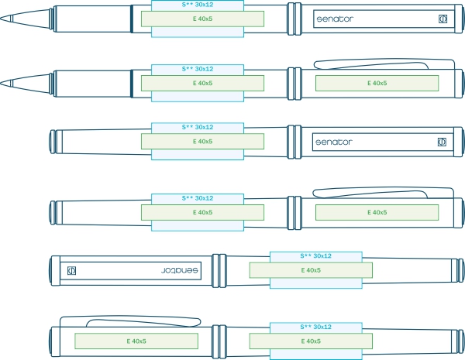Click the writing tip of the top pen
tap(6, 18)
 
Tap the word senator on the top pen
tap(334, 18)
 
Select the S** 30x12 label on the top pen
tap(198, 5)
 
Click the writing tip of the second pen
tap(6, 83)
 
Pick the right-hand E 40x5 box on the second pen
tap(377, 83)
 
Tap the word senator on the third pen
tap(334, 142)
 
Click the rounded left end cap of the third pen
tap(53, 142)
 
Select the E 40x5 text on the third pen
tap(202, 142)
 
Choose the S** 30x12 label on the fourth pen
tap(198, 198)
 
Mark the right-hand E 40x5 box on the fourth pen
tap(377, 212)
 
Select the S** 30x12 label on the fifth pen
tap(316, 255)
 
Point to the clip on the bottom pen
tap(139, 320)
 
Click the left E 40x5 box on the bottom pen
tap(136, 340)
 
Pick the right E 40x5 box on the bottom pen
tap(311, 340)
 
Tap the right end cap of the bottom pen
tap(460, 340)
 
